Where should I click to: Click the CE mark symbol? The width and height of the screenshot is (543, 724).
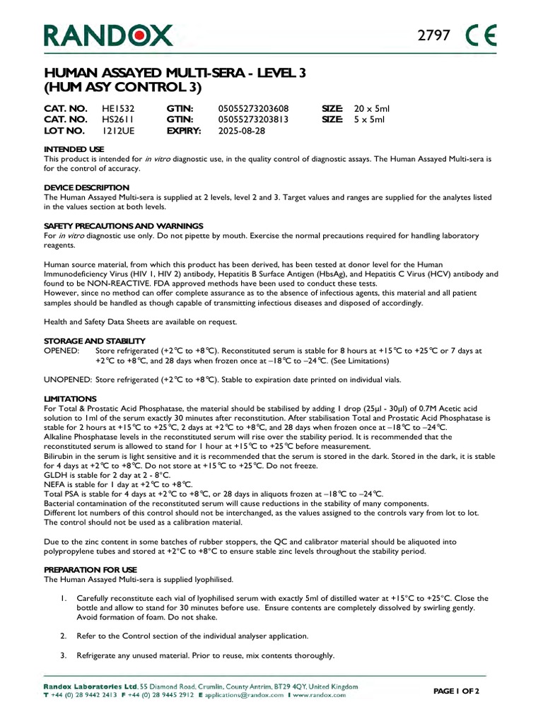point(482,35)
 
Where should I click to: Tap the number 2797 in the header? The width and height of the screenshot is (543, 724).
point(435,35)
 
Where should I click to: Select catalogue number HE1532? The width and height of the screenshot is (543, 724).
point(118,109)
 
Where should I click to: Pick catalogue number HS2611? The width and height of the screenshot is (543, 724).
point(118,120)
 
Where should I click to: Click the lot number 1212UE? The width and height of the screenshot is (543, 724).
point(116,132)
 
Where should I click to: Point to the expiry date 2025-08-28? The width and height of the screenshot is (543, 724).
point(242,132)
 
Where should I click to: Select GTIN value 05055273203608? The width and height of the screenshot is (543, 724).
point(253,109)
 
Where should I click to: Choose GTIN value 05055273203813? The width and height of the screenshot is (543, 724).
point(253,120)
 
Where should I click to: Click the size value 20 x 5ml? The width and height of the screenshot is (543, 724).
point(372,109)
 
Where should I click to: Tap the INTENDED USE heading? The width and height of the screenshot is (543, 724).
point(74,150)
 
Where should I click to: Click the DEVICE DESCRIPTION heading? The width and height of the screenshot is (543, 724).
point(86,187)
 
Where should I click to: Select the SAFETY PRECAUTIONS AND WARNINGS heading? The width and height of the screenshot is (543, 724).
point(124,226)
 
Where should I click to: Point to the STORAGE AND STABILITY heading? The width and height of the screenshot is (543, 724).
point(95,341)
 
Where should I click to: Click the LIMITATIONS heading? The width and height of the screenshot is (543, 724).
point(70,399)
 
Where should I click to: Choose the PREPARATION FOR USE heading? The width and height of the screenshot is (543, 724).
point(90,569)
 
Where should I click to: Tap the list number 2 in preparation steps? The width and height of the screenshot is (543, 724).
point(63,636)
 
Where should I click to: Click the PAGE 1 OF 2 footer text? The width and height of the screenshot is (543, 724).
point(456,691)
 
